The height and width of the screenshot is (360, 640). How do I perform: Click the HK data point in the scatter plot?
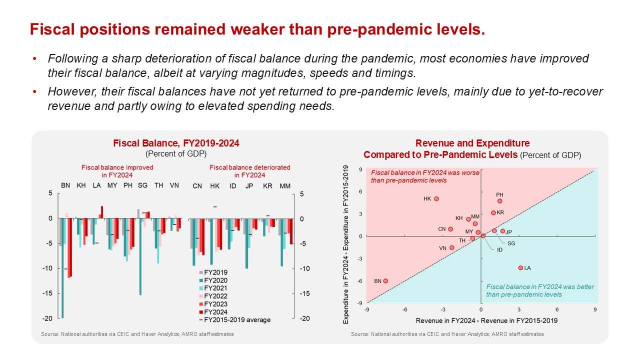436,198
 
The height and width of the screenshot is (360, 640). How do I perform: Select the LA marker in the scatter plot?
520,268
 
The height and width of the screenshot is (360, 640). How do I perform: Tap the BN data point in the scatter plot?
385,281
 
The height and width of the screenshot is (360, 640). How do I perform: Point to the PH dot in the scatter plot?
499,201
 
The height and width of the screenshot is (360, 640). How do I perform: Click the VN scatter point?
452,247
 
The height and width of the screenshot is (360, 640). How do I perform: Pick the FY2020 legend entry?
212,280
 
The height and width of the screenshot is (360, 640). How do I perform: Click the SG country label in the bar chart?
142,185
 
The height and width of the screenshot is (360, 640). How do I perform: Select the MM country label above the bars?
285,186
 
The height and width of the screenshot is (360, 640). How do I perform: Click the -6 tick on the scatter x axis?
404,309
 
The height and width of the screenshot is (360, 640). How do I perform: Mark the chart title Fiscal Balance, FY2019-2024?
176,143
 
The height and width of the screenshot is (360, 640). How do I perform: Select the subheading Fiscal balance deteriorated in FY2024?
250,171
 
